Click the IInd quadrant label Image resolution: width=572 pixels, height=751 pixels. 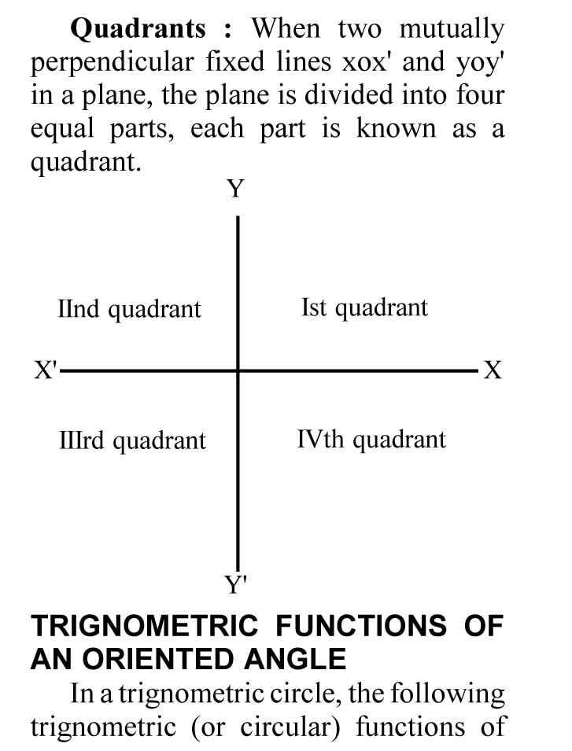[x=130, y=308]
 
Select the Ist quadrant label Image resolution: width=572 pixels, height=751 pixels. [x=364, y=307]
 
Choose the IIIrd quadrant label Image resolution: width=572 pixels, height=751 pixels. [x=132, y=440]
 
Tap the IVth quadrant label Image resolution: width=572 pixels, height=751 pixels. [x=371, y=439]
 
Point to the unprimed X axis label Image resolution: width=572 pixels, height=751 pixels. [x=492, y=370]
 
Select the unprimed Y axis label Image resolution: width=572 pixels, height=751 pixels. [x=236, y=189]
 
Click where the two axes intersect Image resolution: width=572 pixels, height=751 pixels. [x=238, y=370]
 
